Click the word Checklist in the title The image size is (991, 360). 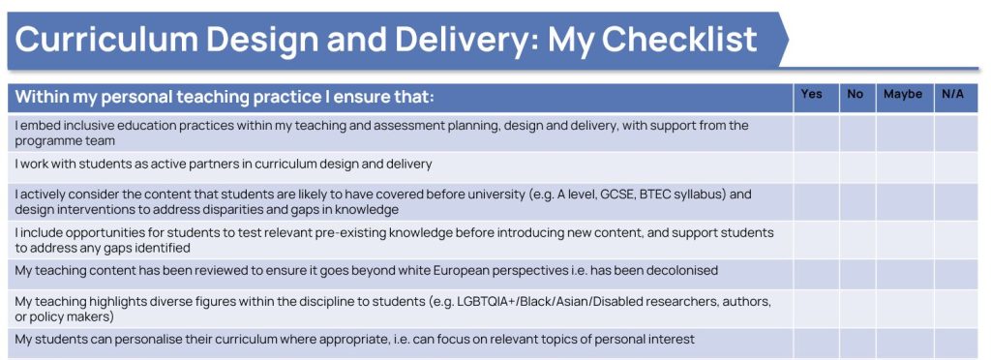click(652, 39)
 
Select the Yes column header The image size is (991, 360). click(812, 95)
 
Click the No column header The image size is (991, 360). click(855, 95)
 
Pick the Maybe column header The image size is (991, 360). click(902, 95)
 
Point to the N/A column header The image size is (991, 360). click(953, 95)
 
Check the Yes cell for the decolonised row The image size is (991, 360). click(816, 272)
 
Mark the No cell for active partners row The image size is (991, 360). click(856, 165)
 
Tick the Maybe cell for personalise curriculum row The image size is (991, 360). click(904, 341)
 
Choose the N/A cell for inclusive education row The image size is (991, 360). click(955, 133)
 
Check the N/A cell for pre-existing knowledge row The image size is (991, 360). click(955, 240)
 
